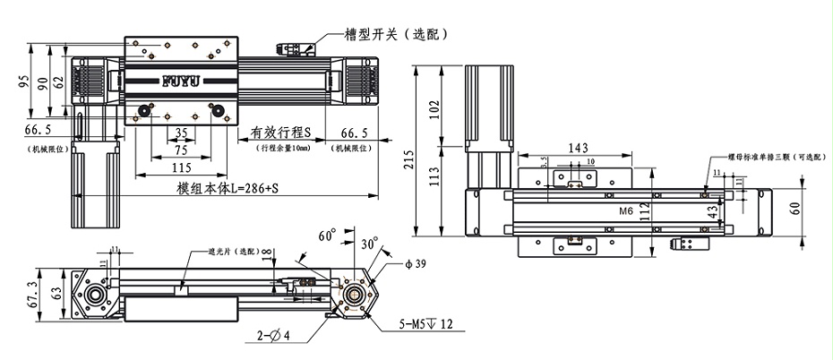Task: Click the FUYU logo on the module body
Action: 183,81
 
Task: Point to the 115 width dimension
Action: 181,167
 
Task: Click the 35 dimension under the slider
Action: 181,133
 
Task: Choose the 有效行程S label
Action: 280,133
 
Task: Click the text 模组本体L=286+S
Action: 228,189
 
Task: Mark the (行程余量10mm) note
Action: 284,148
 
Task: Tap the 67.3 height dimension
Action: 33,294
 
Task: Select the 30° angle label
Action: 366,244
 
